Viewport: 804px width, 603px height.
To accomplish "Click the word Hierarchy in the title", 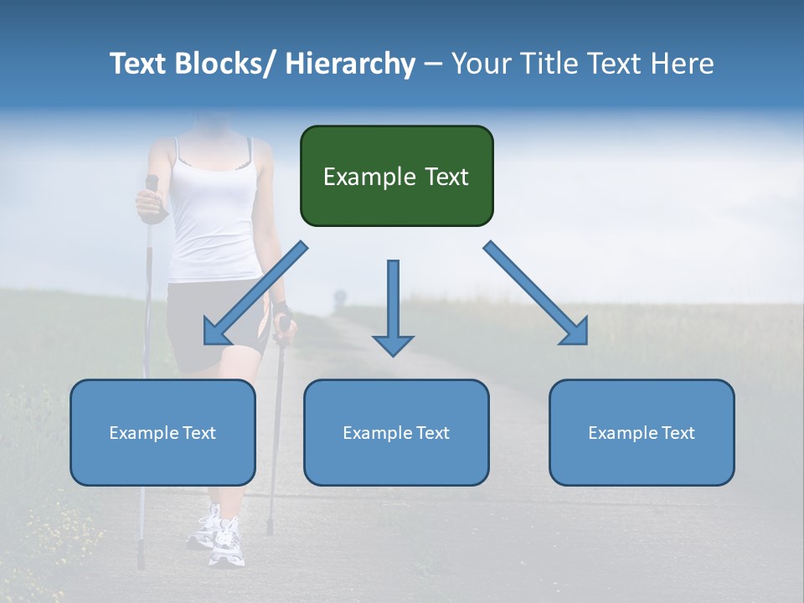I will (350, 64).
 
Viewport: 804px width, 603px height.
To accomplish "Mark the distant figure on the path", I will (339, 299).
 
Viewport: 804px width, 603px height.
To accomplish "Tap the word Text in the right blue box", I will (678, 433).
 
